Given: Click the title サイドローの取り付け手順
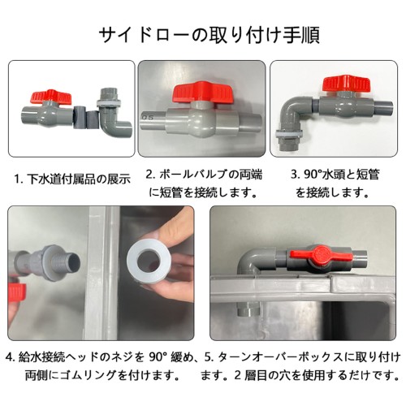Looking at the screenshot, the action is pyautogui.click(x=209, y=35).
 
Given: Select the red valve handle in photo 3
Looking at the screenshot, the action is pyautogui.click(x=346, y=84).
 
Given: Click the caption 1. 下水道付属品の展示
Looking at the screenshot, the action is pyautogui.click(x=72, y=179).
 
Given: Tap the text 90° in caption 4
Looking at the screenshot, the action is pyautogui.click(x=158, y=357).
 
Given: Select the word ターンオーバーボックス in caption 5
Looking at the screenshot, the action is pyautogui.click(x=282, y=357).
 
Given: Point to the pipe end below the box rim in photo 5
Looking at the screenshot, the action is pyautogui.click(x=248, y=308).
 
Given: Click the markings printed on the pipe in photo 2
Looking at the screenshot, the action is pyautogui.click(x=148, y=118).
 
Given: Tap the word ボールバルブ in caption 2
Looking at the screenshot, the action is pyautogui.click(x=192, y=174).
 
